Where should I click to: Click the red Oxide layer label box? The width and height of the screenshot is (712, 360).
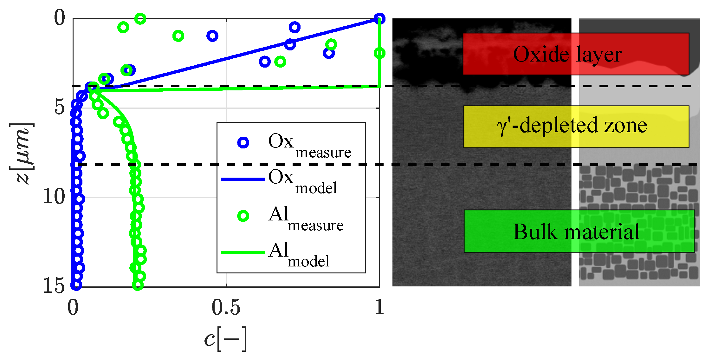[576, 54]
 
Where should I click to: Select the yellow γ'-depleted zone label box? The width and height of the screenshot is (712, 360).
[576, 126]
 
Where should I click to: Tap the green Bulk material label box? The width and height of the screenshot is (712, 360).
[579, 231]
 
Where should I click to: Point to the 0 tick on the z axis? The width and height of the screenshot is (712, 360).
[60, 17]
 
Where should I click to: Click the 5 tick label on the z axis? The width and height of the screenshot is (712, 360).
[60, 107]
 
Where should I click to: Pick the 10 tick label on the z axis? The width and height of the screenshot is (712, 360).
[54, 197]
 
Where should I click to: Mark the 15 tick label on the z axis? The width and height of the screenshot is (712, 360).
[54, 285]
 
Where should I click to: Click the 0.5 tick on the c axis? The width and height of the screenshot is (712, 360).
[226, 307]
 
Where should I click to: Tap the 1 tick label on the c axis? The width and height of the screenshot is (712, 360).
[379, 307]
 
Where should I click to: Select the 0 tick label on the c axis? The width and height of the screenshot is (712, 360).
[73, 307]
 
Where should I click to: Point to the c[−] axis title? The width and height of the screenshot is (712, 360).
[225, 339]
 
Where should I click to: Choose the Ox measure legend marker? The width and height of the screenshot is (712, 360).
[243, 143]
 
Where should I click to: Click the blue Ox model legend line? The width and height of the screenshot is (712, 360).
[243, 179]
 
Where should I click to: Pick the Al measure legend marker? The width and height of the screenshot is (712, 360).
[243, 216]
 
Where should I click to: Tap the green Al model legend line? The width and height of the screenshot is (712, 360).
[243, 252]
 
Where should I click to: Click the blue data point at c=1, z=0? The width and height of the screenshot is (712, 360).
[379, 19]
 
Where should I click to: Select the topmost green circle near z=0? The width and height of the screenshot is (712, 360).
[140, 19]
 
